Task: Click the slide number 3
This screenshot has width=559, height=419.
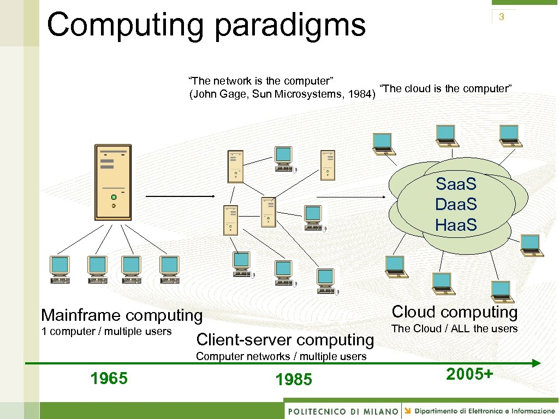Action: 501,17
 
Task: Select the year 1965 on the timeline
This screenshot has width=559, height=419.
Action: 109,378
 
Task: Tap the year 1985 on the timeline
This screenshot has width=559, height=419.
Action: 294,379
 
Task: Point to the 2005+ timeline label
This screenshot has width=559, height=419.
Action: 469,374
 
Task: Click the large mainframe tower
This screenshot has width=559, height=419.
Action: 113,181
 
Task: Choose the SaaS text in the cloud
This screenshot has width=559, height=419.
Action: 456,184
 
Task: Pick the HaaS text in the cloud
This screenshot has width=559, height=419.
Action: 456,224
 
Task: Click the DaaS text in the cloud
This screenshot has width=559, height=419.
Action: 456,204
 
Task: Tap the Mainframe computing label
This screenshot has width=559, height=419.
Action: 122,315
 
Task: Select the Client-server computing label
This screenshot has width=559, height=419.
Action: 285,340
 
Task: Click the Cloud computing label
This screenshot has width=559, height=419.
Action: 455,312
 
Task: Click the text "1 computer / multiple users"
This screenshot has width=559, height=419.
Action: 106,332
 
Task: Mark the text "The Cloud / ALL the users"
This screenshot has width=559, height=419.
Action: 454,328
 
